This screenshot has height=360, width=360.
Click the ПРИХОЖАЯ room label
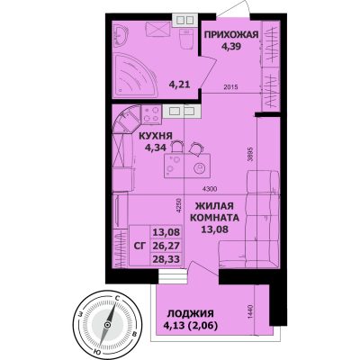231,35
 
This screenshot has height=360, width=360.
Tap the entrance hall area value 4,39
231,47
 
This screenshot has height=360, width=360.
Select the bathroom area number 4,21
180,85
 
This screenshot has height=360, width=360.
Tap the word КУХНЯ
156,136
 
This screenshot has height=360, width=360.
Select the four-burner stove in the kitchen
151,114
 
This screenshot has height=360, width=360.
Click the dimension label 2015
230,87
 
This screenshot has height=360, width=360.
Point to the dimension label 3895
250,154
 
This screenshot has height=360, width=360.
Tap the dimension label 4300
210,189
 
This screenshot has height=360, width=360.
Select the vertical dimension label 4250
179,205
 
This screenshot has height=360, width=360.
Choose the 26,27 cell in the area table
166,246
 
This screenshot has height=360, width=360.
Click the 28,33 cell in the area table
166,259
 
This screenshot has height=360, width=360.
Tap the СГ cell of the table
139,246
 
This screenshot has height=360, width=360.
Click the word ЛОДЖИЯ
191,314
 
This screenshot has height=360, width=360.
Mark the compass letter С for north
118,298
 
